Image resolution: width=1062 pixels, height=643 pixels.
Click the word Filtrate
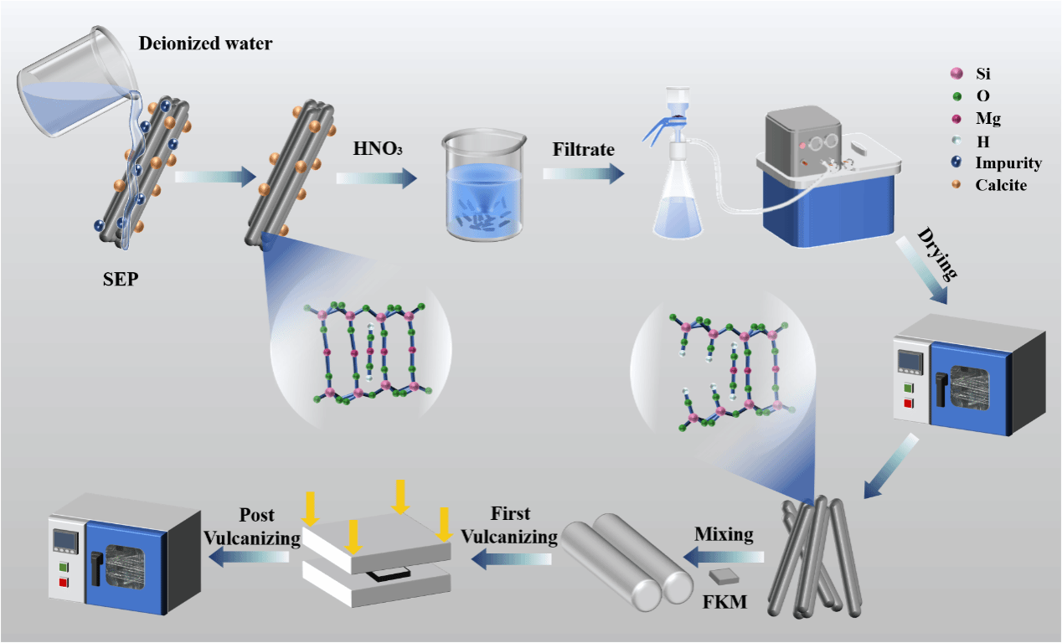pyautogui.click(x=583, y=150)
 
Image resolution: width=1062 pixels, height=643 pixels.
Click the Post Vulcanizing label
pyautogui.click(x=253, y=525)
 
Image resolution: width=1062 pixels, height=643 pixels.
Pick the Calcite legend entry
pyautogui.click(x=1000, y=185)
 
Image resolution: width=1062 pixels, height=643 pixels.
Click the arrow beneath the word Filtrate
pyautogui.click(x=583, y=173)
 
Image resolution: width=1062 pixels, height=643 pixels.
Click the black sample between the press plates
pyautogui.click(x=388, y=575)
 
